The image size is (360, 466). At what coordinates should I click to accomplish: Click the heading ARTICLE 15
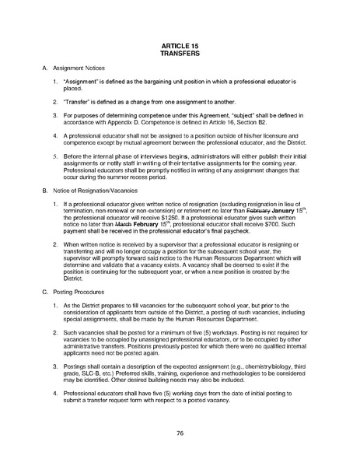pyautogui.click(x=180, y=47)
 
